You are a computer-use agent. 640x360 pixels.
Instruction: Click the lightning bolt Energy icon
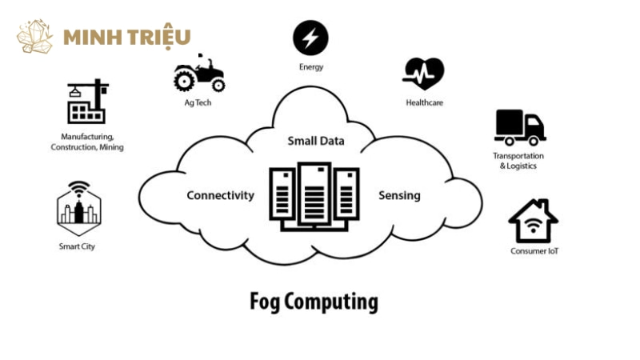coord(310,38)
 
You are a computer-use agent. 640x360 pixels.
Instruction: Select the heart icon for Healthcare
coord(423,74)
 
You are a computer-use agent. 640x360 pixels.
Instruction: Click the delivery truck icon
coord(519,127)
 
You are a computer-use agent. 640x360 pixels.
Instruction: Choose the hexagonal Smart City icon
coord(78,206)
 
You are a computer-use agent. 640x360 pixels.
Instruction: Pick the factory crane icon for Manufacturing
coord(86,102)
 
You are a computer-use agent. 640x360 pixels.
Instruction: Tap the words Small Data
coord(316,142)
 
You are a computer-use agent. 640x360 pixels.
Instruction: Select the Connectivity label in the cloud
coord(220,195)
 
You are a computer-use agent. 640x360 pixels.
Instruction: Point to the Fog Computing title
coord(314,302)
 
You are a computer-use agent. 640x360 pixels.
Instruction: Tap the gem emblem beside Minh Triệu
coord(35,37)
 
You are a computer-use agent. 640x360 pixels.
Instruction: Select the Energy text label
coord(310,67)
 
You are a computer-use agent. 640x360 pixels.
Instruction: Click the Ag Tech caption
coord(198,102)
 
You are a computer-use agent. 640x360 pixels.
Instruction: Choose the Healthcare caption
coord(424,102)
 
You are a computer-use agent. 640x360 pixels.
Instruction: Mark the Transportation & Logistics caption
coord(518,161)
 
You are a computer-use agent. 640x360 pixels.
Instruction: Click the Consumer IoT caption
coord(534,251)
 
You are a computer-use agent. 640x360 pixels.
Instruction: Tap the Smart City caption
coord(77,246)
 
